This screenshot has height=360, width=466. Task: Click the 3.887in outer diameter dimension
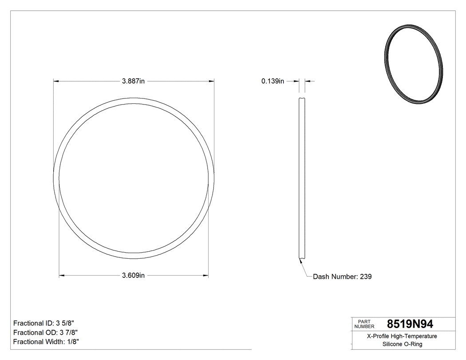coord(134,81)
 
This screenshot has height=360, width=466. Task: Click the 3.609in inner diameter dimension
coord(134,276)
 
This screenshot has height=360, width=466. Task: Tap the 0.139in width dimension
coord(272,81)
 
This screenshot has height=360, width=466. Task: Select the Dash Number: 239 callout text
coord(342,277)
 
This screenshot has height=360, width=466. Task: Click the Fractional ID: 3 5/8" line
coord(47,323)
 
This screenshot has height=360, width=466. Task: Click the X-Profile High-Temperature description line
coord(402,336)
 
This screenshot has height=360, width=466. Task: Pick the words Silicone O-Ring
coord(402,344)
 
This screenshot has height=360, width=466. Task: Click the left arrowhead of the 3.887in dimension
coord(55,81)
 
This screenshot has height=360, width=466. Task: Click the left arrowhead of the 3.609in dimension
coord(61,276)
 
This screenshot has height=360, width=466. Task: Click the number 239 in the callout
coord(366,277)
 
